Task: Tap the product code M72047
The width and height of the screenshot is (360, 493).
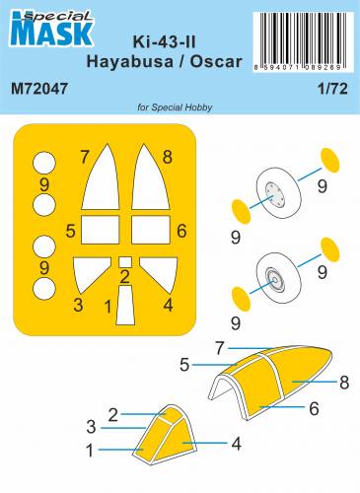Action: tap(39, 91)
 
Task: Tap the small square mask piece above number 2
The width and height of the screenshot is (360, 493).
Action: tap(124, 262)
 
